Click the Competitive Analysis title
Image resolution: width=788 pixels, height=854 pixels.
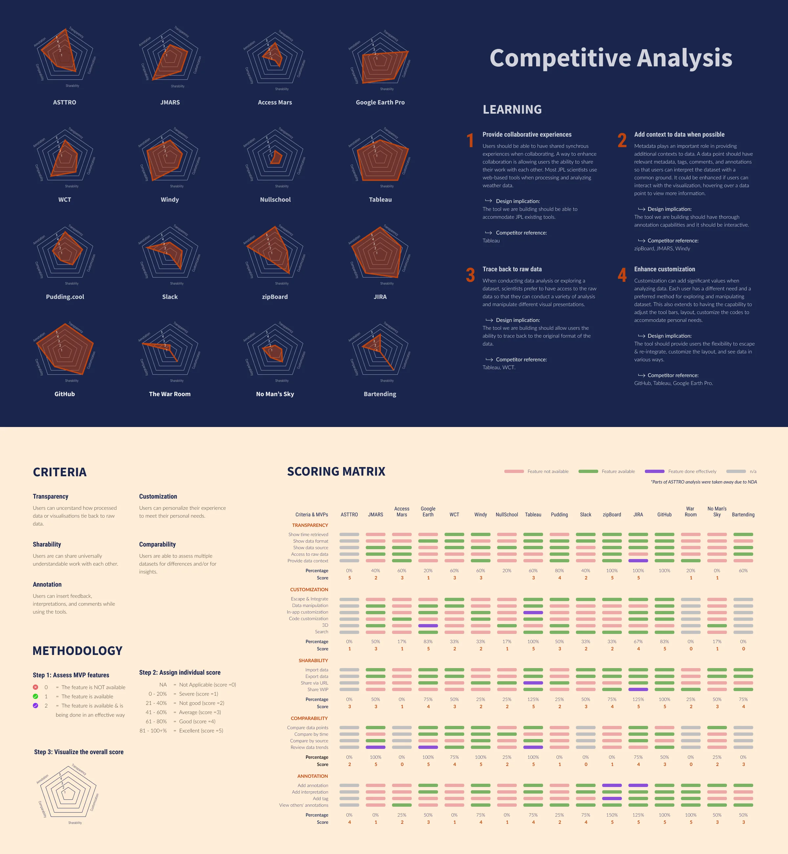coord(611,58)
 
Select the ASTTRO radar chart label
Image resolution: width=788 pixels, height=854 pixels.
coord(65,102)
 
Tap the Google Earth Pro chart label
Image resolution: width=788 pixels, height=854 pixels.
coord(380,102)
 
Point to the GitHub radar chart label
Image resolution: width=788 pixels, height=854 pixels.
coord(65,394)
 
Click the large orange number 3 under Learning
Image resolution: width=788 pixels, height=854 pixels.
coord(470,275)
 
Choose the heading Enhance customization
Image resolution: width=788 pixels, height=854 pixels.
coord(664,269)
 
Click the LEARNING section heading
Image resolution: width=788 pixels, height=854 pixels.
coord(512,110)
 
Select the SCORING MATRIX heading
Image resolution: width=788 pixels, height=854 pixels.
coord(336,471)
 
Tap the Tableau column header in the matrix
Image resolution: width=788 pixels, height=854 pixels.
coord(533,514)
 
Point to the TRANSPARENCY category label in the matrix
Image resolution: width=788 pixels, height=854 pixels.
coord(310,525)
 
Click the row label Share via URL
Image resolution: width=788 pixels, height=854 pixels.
coord(314,683)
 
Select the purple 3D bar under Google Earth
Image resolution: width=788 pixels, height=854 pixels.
coord(428,625)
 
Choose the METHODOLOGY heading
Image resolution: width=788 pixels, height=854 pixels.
coord(77,651)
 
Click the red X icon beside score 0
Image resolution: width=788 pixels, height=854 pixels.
coord(35,687)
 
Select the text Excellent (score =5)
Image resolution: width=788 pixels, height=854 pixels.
coord(201,731)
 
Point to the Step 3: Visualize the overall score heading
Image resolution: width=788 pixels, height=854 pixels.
coord(79,752)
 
